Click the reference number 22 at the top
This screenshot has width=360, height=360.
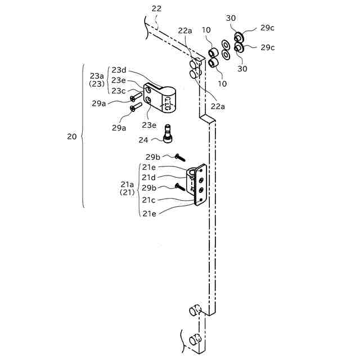point(156,8)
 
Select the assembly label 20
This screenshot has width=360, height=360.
point(72,137)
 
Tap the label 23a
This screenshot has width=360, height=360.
point(97,75)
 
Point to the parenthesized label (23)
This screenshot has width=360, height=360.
point(97,84)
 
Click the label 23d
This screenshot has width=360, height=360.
point(119,70)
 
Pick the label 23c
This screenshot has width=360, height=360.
point(119,91)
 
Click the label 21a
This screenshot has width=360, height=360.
point(127,184)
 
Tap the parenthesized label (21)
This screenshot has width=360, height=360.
point(127,193)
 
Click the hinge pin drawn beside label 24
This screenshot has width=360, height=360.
point(166,133)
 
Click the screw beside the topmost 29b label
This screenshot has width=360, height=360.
point(180,157)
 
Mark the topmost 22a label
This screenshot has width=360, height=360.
point(185,31)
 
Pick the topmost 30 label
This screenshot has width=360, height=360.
point(231,19)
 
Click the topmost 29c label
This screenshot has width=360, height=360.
point(267,28)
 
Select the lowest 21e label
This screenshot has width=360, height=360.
point(149,213)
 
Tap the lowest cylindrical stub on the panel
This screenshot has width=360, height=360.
point(194,339)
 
